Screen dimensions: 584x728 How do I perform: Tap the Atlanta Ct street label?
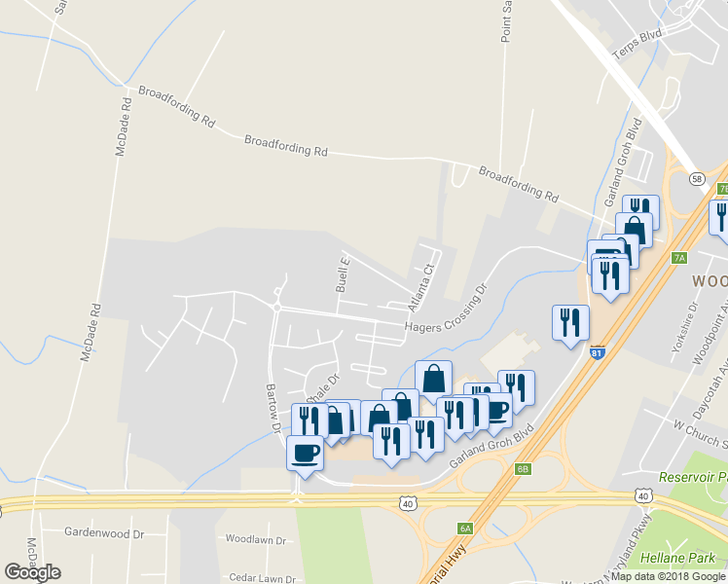coord(419,283)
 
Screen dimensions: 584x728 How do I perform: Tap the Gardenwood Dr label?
coord(104,533)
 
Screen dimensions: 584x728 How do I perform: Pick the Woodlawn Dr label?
coord(255,539)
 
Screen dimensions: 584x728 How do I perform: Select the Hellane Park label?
coord(673,559)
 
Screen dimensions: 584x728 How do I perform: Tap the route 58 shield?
coord(697,179)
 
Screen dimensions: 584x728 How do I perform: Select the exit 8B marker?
coord(523,469)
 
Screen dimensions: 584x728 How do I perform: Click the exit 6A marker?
coord(465,528)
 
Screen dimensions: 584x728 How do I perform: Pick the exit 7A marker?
coord(679,258)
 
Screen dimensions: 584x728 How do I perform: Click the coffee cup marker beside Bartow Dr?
coord(306,454)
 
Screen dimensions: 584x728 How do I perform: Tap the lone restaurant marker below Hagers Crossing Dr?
coord(570,324)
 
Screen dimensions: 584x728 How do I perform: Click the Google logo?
coord(32,572)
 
